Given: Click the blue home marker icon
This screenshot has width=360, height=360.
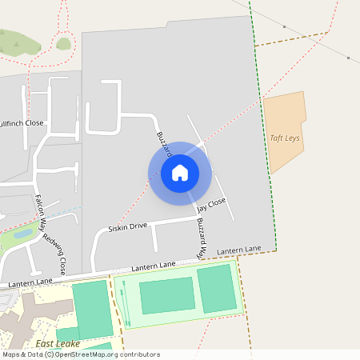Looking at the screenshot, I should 180,173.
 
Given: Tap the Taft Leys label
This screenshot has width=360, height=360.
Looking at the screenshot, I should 285,138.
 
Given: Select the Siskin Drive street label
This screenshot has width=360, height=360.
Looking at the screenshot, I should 128,227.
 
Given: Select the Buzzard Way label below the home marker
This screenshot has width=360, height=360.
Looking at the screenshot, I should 201,238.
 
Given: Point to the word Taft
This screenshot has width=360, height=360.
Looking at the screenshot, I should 277,138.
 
